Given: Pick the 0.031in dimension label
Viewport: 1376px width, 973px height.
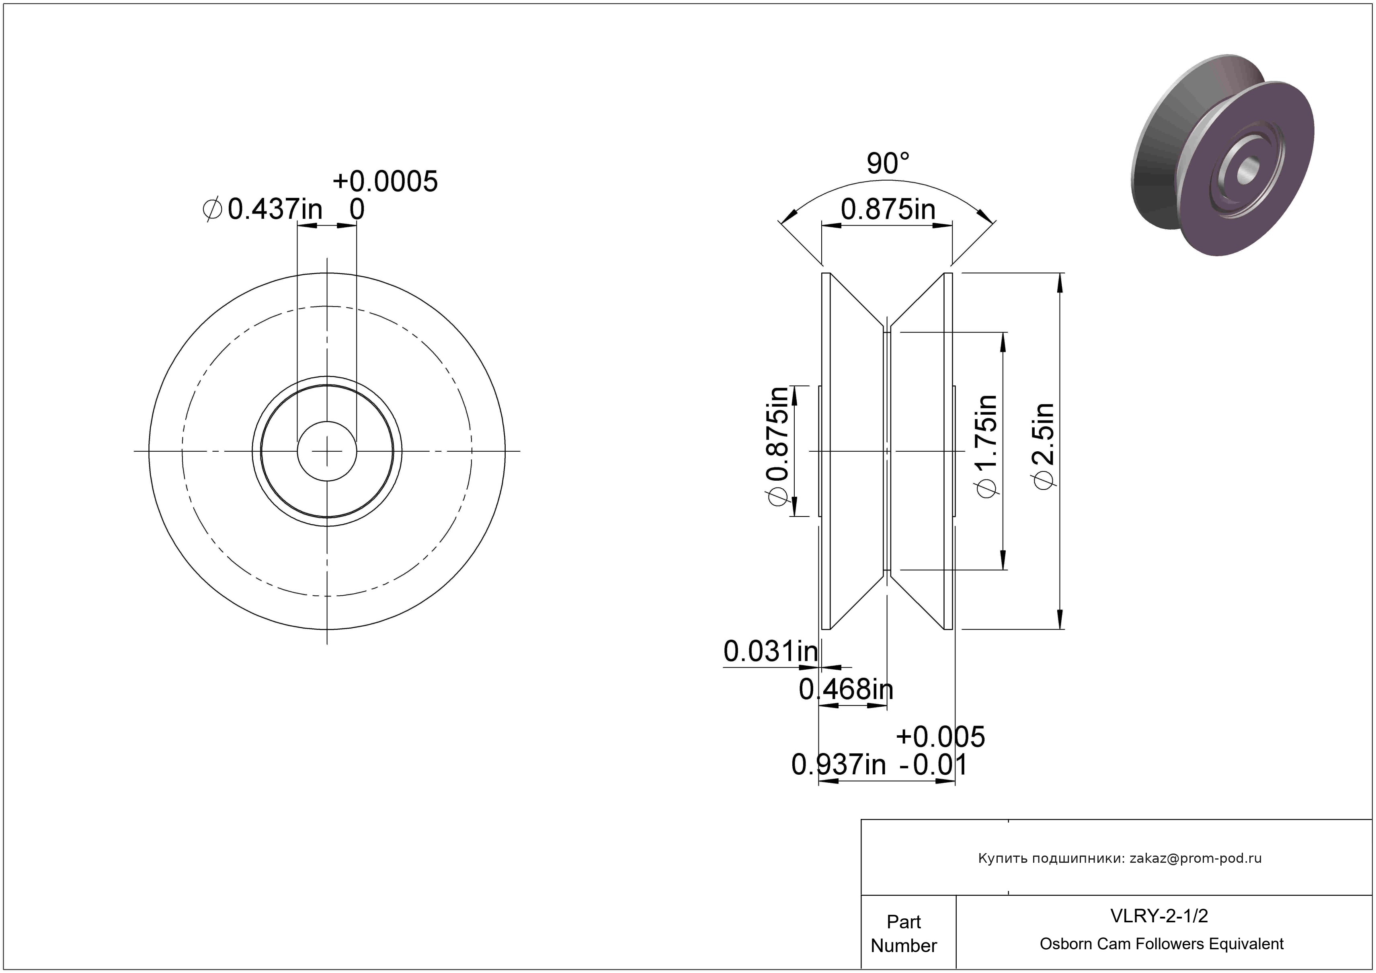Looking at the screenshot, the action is tap(771, 651).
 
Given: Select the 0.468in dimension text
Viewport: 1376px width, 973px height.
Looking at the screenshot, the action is tap(846, 689).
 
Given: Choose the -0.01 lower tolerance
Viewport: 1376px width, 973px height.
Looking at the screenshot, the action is tap(934, 765).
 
